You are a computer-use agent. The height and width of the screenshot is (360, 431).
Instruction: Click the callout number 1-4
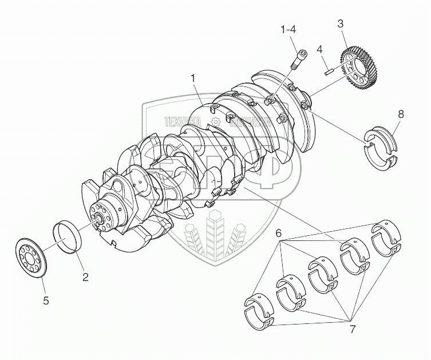pos(288,29)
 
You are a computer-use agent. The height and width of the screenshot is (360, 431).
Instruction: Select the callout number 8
pos(401,114)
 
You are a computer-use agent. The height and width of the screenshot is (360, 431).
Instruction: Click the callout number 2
pos(85,278)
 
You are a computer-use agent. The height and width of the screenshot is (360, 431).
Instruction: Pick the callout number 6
pos(278,234)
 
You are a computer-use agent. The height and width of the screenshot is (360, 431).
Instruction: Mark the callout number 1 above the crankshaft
pos(193,77)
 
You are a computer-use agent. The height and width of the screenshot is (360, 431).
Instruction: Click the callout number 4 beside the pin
pos(320,49)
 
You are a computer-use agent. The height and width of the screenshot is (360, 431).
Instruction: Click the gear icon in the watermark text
pos(215,121)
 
